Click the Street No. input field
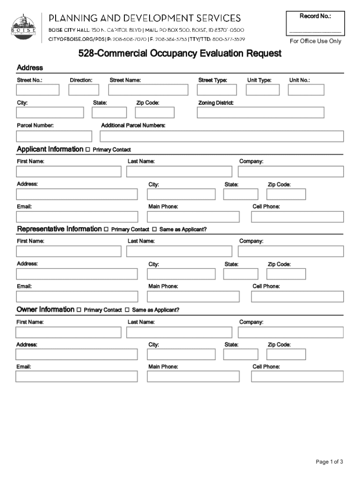pos(38,89)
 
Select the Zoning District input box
pos(260,113)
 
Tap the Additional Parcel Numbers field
pos(222,136)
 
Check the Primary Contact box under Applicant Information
pos(88,150)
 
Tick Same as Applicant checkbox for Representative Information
pos(154,230)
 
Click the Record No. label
pos(315,16)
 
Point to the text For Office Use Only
pos(315,41)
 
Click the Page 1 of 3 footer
pos(330,462)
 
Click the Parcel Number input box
pos(54,136)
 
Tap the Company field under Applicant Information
pos(290,171)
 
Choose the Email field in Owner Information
pos(77,377)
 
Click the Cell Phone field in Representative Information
pos(297,297)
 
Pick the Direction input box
pos(84,89)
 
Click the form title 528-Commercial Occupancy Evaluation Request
pos(180,54)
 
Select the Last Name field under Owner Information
pos(179,332)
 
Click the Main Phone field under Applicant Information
pos(193,217)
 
